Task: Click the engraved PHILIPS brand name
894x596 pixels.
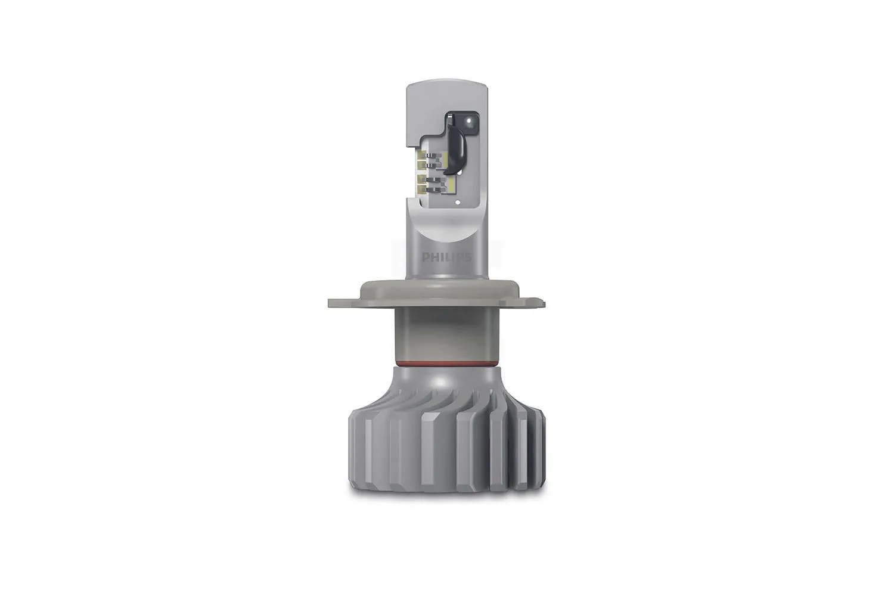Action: [446, 257]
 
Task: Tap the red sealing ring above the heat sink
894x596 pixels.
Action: [446, 362]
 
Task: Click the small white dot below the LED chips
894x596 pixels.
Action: [457, 203]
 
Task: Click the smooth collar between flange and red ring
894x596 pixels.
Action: [446, 334]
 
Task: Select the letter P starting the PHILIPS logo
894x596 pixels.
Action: [425, 257]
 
